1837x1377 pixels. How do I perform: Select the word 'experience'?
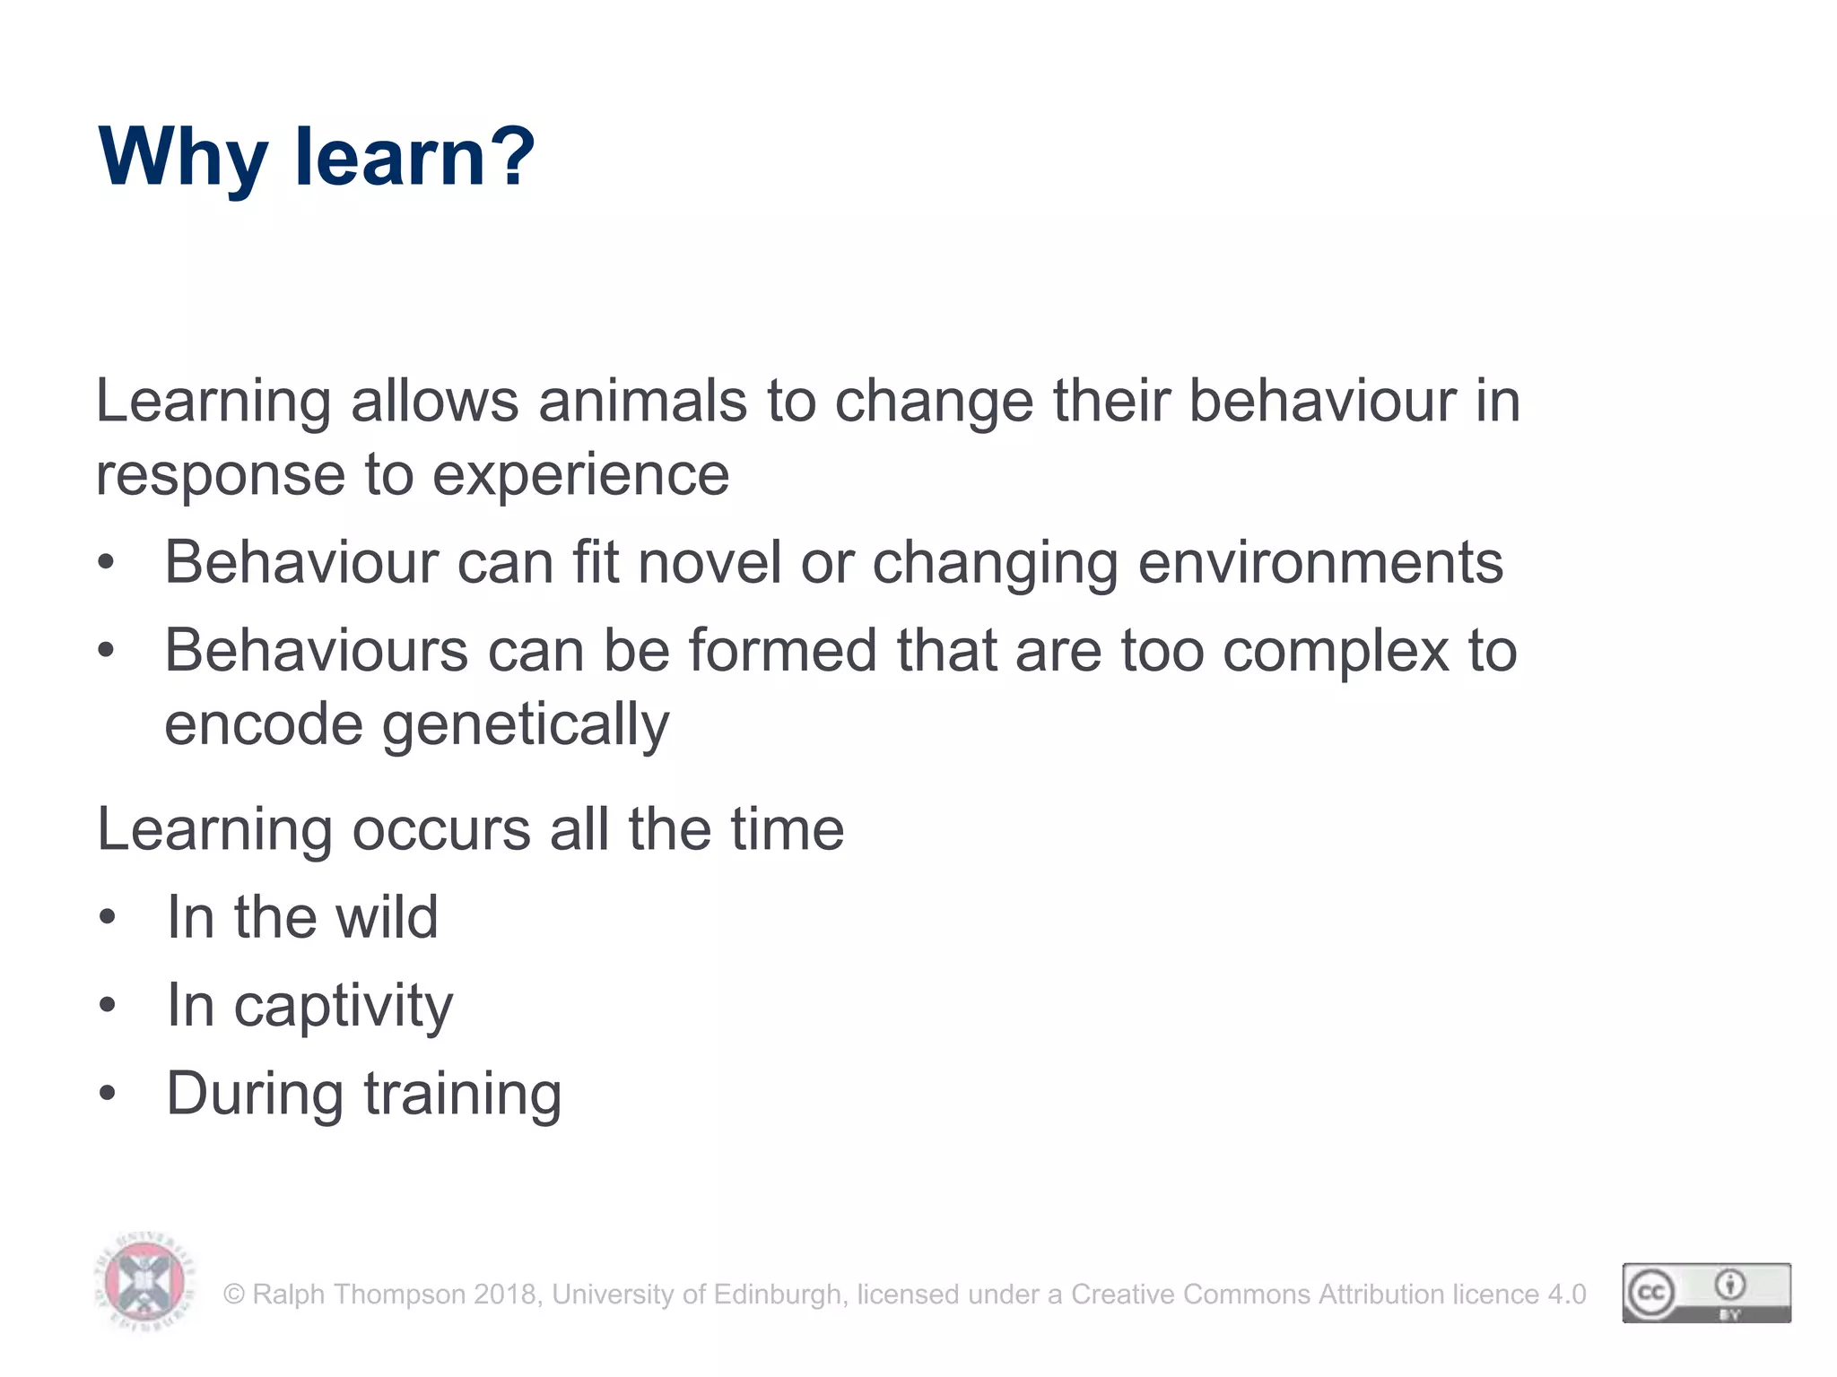580,475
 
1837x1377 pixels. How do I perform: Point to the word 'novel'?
710,563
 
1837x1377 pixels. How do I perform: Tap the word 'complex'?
1336,651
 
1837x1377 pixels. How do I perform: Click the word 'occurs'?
440,829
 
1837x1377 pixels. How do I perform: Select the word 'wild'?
387,917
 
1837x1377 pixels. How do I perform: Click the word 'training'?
463,1095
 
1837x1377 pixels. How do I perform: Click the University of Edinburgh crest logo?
144,1281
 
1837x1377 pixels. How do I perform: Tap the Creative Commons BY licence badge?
1706,1293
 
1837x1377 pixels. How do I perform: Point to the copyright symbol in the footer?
234,1295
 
